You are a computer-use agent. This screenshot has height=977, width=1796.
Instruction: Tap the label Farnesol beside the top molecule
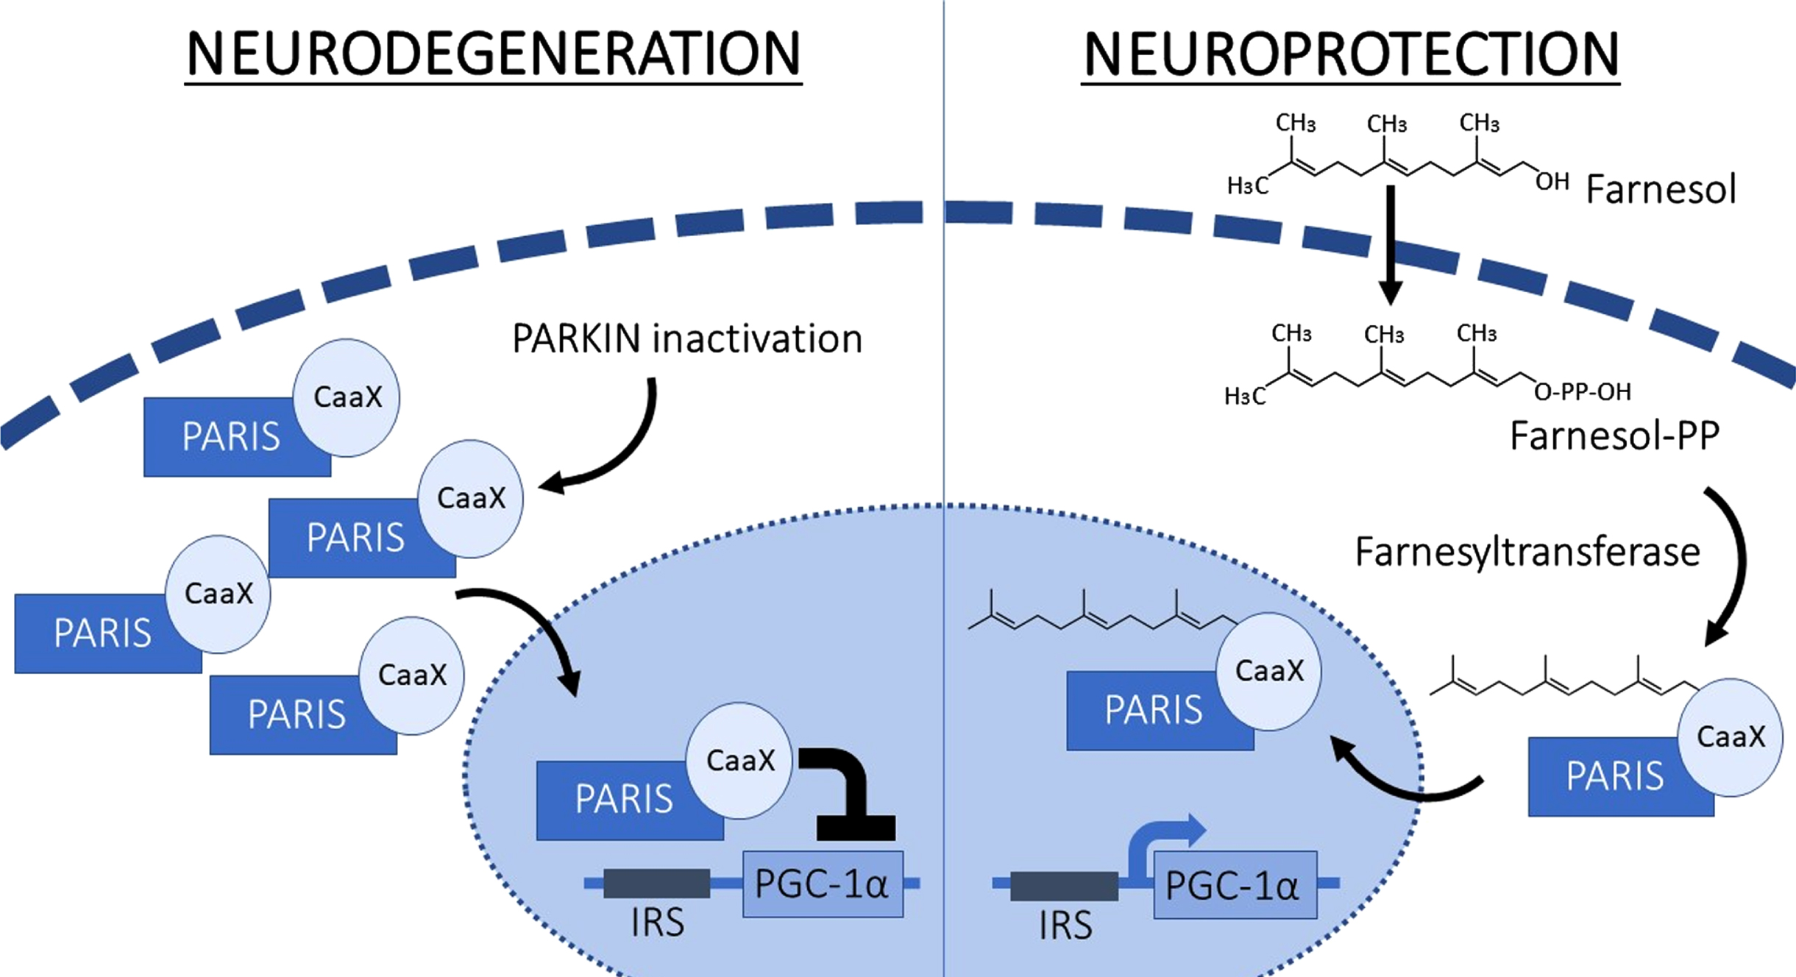(1661, 189)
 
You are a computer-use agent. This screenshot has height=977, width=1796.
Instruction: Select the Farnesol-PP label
(1614, 436)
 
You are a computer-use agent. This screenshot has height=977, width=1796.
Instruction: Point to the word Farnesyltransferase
(1527, 553)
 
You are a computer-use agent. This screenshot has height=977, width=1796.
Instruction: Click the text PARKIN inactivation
(687, 339)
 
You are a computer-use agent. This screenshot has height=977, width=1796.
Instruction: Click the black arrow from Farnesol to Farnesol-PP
(1390, 245)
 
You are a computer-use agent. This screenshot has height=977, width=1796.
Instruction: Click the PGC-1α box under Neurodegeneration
(823, 884)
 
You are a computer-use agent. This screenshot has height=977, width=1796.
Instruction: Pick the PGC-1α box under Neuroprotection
(1235, 885)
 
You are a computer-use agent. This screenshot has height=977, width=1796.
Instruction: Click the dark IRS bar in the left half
(656, 884)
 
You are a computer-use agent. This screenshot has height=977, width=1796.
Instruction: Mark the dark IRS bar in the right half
(1064, 886)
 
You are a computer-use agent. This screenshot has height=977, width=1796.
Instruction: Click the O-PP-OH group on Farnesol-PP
(1583, 391)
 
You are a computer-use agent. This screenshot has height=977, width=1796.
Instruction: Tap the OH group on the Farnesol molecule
(1552, 181)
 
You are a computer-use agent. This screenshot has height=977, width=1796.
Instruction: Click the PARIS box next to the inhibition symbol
(630, 800)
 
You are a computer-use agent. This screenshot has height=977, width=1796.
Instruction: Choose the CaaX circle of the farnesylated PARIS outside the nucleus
(1730, 737)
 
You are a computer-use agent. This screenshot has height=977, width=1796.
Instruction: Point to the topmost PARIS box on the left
(237, 437)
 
